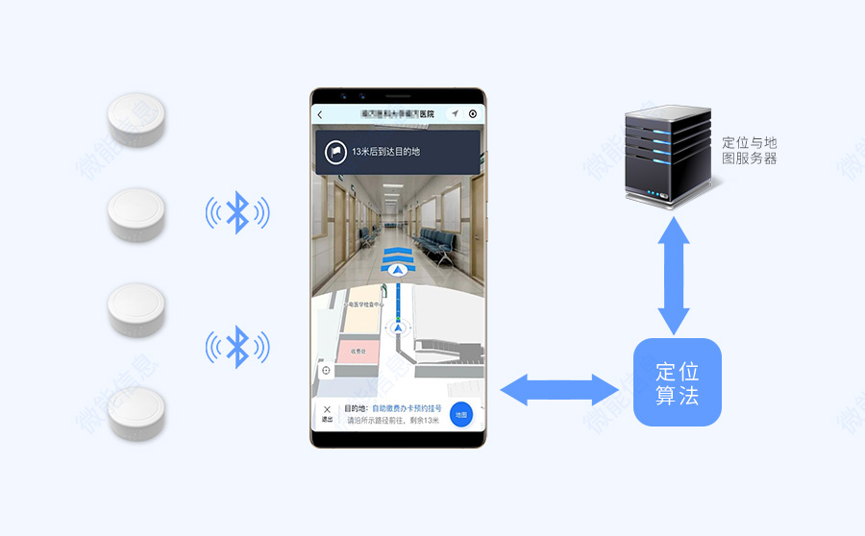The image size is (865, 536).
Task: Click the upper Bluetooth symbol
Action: tap(237, 212)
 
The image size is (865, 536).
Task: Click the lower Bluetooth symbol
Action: tap(237, 347)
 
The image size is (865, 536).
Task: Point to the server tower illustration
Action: tap(666, 153)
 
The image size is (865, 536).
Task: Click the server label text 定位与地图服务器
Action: tap(749, 150)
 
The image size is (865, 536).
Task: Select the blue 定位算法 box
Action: tap(677, 382)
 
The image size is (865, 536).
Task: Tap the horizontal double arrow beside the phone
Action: tap(560, 390)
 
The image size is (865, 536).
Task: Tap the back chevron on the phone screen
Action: tap(320, 114)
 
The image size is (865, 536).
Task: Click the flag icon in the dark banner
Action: tap(335, 152)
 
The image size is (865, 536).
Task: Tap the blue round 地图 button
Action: tap(461, 415)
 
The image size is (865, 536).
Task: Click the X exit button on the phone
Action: tap(327, 412)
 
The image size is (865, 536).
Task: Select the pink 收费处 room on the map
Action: tap(358, 352)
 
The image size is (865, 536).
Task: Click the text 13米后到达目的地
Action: tap(385, 152)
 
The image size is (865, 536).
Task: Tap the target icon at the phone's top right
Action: tap(472, 113)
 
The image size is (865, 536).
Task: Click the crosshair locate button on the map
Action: tap(326, 370)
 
